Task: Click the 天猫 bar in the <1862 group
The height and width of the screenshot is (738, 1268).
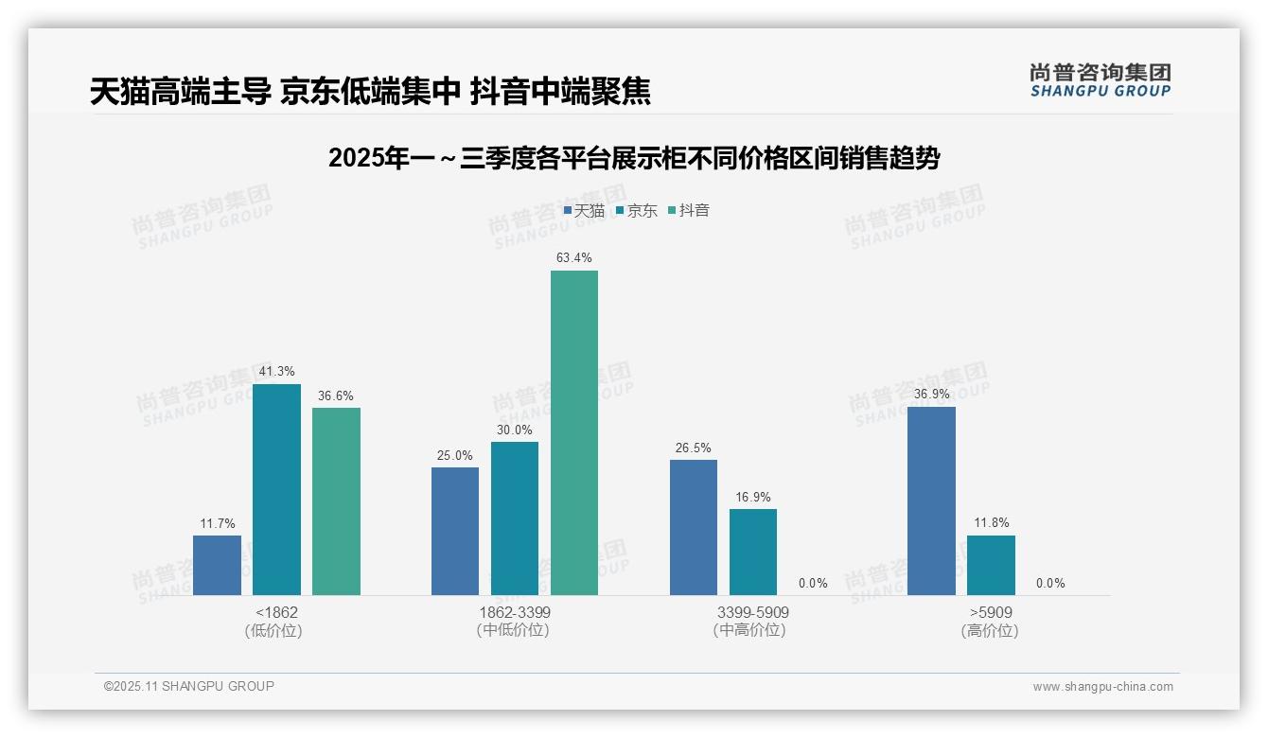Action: click(217, 565)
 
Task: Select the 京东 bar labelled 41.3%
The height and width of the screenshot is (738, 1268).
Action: click(276, 489)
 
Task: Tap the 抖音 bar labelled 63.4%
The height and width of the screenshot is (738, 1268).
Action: click(574, 432)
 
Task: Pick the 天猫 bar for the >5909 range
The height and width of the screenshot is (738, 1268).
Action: click(931, 501)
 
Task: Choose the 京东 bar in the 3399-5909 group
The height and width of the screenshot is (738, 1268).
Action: click(753, 552)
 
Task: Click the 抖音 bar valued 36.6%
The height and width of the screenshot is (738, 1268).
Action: click(336, 501)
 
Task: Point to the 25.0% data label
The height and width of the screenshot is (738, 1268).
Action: click(454, 456)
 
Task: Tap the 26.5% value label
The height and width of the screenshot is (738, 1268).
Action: click(693, 448)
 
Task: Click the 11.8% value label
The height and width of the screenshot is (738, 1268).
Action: click(991, 523)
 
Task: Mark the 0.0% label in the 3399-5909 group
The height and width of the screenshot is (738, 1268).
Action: click(813, 584)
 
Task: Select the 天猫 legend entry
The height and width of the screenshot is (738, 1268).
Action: click(584, 211)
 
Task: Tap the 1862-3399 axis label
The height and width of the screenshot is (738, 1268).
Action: click(515, 613)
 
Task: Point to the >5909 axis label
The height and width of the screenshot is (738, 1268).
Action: click(990, 613)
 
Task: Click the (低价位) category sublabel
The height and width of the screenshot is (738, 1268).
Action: click(274, 631)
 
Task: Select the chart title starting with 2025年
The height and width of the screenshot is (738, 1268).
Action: click(634, 159)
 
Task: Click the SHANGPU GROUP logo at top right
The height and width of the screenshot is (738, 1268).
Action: click(1100, 80)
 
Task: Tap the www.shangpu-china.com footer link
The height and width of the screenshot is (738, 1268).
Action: click(1102, 687)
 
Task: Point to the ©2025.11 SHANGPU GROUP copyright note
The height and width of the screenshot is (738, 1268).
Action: click(189, 687)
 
